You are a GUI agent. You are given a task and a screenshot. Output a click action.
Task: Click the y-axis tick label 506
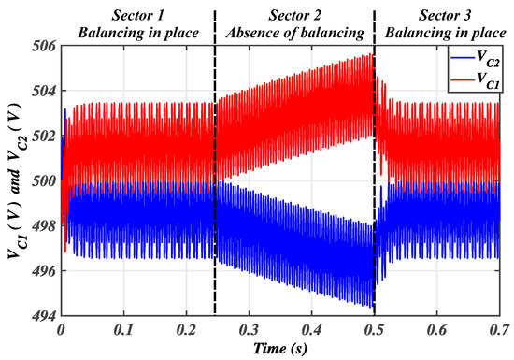click(43, 44)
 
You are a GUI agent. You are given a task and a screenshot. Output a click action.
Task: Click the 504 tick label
click(43, 90)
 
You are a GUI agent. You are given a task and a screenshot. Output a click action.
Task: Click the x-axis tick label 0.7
click(498, 331)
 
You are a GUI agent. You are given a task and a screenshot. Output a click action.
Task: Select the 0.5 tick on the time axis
click(374, 331)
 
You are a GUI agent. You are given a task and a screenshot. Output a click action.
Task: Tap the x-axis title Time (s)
click(279, 348)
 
